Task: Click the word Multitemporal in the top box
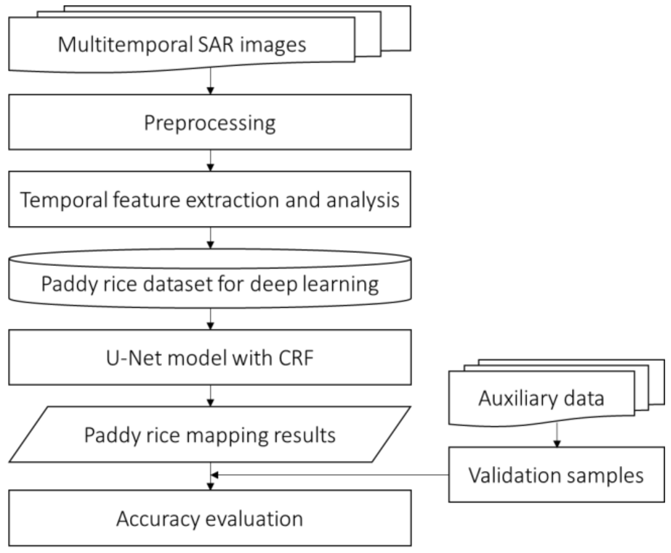tap(124, 44)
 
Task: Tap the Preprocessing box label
tap(210, 123)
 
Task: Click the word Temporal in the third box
tap(63, 200)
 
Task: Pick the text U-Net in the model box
tap(134, 358)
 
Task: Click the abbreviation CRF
tap(296, 358)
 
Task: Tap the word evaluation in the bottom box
tap(254, 519)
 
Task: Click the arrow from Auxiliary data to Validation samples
tap(557, 435)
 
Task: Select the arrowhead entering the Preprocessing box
tap(211, 91)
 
